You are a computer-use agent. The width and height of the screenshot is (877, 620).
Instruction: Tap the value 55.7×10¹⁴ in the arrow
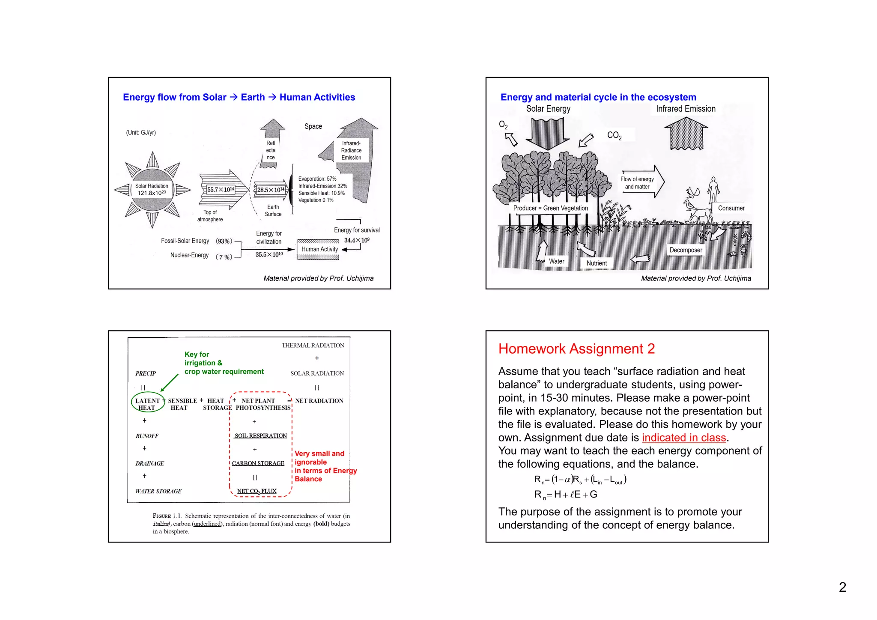click(221, 190)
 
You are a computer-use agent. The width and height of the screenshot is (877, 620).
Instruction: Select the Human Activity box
click(319, 249)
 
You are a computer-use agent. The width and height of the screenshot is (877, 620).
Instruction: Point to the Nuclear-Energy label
click(189, 255)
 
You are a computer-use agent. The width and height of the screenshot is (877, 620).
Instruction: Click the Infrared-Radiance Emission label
click(351, 150)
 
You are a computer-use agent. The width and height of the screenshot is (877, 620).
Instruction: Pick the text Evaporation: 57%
click(317, 179)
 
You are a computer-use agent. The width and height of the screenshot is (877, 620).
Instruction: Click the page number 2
click(842, 587)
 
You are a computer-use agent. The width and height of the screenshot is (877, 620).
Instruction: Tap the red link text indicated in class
click(684, 438)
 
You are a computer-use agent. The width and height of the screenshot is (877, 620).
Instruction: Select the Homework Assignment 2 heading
click(576, 349)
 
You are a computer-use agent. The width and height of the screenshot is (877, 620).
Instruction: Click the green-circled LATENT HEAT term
click(147, 404)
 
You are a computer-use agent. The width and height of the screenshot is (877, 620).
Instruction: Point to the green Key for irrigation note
click(224, 363)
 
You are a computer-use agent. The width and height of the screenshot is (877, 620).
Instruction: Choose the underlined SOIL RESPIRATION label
click(260, 436)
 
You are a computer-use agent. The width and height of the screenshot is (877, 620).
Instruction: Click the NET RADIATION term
click(319, 401)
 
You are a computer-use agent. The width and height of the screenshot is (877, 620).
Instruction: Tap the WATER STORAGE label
click(158, 491)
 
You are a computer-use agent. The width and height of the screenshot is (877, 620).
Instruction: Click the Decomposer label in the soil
click(686, 250)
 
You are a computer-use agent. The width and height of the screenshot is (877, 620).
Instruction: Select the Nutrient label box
click(597, 263)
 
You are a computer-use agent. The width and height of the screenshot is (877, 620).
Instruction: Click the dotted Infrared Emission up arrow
click(686, 133)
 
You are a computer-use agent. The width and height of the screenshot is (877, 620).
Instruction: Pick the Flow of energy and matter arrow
click(641, 182)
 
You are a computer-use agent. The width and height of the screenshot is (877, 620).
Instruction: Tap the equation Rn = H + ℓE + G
click(565, 495)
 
